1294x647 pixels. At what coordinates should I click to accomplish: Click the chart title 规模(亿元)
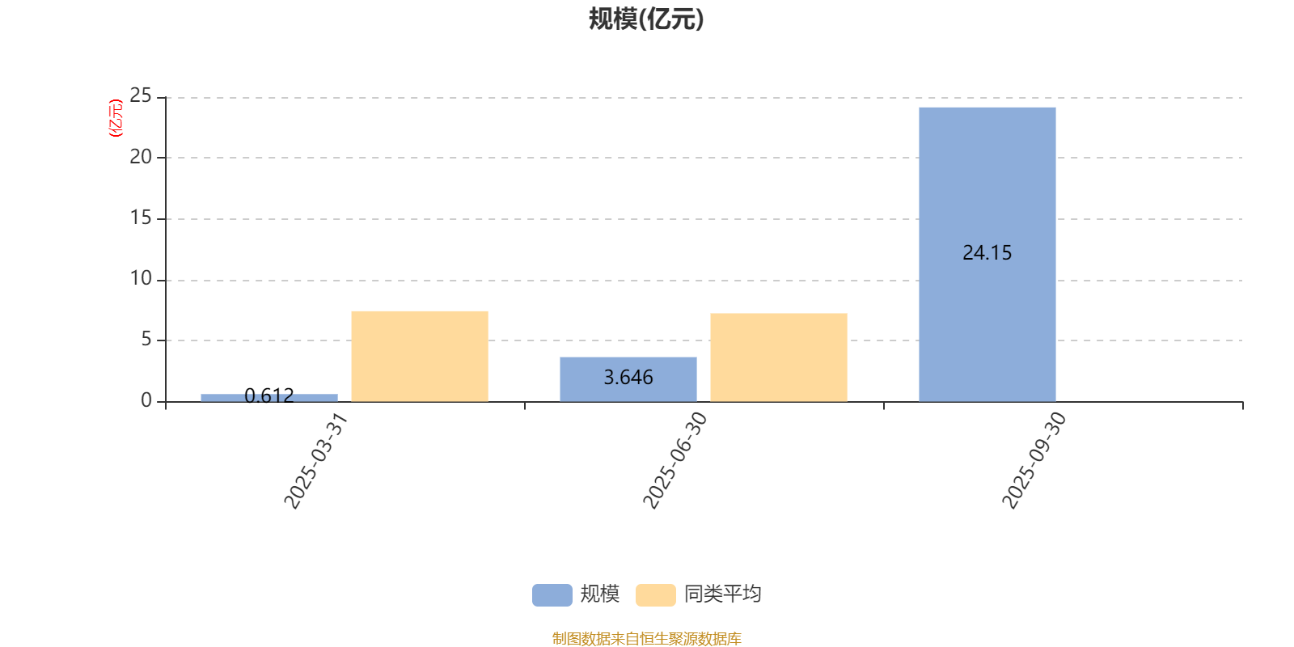pos(646,19)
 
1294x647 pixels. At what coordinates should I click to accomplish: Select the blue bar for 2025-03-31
pos(269,397)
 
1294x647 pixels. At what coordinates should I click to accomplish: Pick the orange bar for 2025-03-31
pos(420,356)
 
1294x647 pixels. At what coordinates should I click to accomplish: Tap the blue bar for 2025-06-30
pos(628,378)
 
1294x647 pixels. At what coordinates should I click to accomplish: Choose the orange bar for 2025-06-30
pos(779,357)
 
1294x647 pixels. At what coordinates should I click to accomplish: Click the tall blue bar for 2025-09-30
pos(987,254)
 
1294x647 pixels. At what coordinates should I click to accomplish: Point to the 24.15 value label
pos(987,253)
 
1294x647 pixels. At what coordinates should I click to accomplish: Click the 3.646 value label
pos(628,378)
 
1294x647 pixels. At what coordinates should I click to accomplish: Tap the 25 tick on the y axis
pos(141,96)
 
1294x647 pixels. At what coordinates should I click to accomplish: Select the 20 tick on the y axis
pos(141,157)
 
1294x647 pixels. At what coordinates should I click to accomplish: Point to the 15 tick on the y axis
pos(141,218)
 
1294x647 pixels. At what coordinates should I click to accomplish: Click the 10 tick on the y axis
pos(141,279)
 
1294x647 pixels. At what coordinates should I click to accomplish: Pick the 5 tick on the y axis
pos(146,340)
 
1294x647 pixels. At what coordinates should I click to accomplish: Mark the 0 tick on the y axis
pos(146,400)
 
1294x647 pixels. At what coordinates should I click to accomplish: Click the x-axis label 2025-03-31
pos(315,461)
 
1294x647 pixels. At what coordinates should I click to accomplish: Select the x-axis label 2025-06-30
pos(674,461)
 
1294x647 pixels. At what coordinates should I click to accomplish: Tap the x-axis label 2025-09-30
pos(1034,461)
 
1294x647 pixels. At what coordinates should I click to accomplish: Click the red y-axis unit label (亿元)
pos(116,118)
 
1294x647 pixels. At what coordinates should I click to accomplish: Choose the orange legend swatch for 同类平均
pos(655,594)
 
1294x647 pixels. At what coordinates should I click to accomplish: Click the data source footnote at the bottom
pos(646,639)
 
